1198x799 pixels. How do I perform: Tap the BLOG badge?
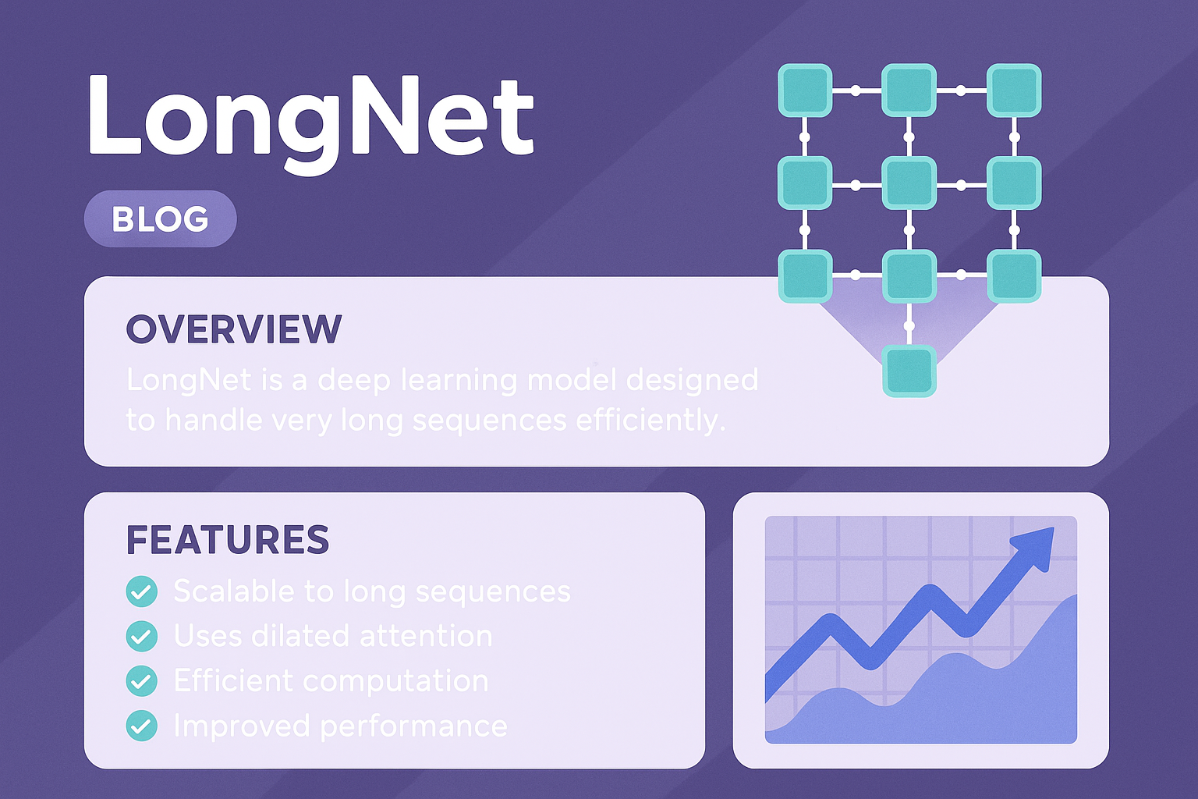pos(160,218)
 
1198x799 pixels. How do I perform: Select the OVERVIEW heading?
pos(234,328)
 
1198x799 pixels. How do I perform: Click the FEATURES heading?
pos(227,539)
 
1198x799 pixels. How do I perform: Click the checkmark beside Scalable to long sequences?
pos(142,591)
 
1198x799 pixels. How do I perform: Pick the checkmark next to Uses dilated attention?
pos(142,636)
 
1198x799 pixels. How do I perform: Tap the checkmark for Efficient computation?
pos(142,680)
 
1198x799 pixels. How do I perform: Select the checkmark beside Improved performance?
pos(142,726)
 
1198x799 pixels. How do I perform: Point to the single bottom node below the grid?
pos(909,371)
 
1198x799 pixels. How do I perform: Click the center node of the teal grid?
pos(909,183)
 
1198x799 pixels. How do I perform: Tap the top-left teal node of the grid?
pos(805,90)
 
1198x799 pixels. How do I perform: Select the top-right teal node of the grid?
pos(1014,90)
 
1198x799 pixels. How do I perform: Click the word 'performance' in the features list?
pos(414,727)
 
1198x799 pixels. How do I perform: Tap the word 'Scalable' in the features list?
pos(234,591)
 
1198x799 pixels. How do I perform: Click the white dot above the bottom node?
pos(909,325)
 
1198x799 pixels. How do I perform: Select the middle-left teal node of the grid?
pos(805,183)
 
